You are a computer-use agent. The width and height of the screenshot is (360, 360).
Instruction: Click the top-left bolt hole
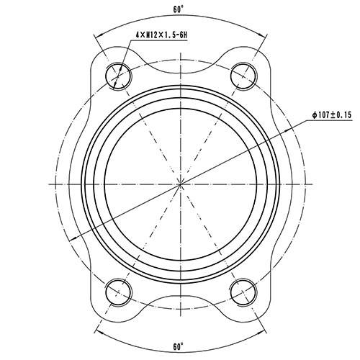tap(118, 74)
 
